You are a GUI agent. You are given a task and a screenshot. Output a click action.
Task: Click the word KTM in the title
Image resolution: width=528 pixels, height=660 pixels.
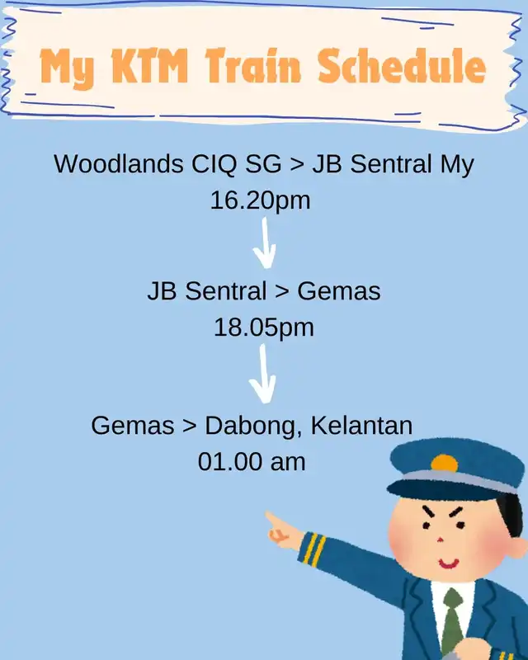click(149, 67)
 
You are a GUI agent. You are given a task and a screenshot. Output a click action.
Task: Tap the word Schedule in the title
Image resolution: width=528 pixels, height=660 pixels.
click(402, 65)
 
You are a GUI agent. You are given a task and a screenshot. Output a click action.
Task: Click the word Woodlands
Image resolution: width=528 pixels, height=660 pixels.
click(118, 163)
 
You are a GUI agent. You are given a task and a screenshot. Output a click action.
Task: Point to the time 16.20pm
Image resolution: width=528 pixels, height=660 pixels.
click(260, 200)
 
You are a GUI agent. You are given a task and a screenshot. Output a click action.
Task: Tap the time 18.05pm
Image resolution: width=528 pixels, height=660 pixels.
click(264, 327)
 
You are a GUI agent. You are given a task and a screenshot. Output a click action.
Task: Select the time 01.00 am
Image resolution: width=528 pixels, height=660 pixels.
click(252, 461)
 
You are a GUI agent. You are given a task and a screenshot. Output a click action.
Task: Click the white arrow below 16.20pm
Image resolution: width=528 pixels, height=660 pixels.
click(265, 243)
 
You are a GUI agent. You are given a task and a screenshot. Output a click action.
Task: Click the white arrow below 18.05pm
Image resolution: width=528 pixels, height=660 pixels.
click(262, 374)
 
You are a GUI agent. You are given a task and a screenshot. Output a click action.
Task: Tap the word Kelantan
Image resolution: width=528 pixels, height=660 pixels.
click(361, 425)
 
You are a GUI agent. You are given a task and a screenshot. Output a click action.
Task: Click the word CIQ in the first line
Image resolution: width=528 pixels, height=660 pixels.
click(214, 163)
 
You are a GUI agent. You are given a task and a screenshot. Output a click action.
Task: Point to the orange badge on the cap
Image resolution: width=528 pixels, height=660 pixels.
click(444, 463)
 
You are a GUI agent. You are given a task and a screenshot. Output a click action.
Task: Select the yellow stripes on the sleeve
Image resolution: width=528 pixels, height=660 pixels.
click(314, 549)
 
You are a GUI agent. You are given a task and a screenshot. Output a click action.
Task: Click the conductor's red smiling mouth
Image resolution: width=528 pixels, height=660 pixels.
click(449, 563)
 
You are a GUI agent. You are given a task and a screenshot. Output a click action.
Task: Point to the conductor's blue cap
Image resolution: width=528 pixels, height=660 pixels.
click(454, 469)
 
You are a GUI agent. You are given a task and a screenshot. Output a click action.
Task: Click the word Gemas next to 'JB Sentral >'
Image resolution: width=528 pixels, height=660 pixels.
click(339, 291)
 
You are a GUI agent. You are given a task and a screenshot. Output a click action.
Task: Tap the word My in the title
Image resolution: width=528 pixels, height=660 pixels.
click(67, 68)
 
